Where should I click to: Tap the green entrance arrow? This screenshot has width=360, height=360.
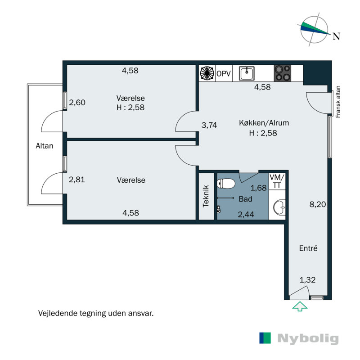tap(300, 306)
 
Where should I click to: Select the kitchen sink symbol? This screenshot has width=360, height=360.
tap(247, 73)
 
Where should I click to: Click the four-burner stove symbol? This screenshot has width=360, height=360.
tap(283, 73)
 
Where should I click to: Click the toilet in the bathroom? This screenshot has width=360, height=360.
tap(226, 184)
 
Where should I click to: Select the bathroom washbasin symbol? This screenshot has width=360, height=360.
tap(278, 207)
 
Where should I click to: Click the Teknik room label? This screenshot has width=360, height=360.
tap(206, 196)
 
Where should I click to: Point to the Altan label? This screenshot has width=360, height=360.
tap(45, 145)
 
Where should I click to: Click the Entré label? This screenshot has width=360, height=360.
tap(309, 248)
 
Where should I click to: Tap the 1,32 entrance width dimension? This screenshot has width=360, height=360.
tap(308, 279)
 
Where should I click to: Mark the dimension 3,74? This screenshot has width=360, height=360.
tap(209, 126)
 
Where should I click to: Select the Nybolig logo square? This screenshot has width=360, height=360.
tap(265, 338)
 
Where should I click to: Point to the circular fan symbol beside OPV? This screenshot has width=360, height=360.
tap(207, 73)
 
